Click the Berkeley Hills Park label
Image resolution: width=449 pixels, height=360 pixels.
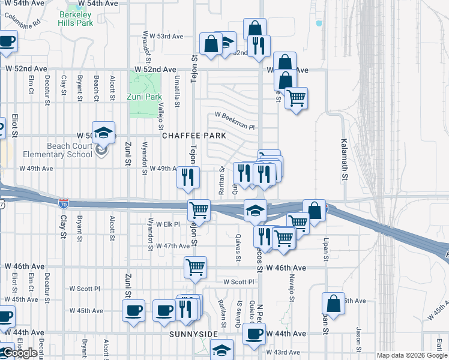coord(76,19)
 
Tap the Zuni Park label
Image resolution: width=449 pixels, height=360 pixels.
coord(145,97)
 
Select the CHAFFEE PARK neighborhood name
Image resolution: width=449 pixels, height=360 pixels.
coord(194,136)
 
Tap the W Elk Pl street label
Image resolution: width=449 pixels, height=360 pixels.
coord(168,224)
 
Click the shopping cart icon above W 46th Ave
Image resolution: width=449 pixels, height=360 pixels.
coord(195,268)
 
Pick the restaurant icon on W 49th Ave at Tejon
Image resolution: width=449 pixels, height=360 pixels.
coord(187,176)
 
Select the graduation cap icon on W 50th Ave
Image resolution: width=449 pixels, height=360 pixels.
coord(103,134)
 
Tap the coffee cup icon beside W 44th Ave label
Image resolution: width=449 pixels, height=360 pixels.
coord(254,334)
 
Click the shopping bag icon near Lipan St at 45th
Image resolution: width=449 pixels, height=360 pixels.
coord(333,303)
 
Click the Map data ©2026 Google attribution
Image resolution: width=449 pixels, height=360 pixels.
coord(412,355)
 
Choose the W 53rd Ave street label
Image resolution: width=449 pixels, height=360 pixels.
coord(166,37)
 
